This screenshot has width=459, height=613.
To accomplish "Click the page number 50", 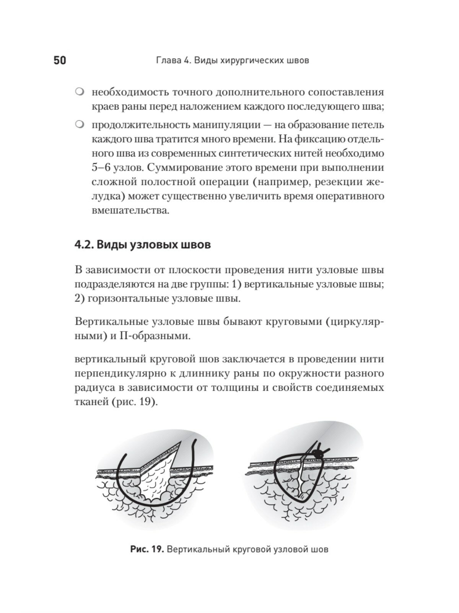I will [60, 61].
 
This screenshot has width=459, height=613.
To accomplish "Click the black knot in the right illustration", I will [317, 453].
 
